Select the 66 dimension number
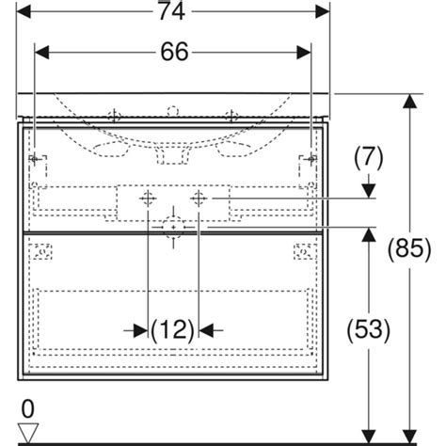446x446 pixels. (x=173, y=53)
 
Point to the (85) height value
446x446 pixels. (x=410, y=249)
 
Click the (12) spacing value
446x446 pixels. (x=173, y=329)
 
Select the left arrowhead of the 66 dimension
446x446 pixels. (x=40, y=53)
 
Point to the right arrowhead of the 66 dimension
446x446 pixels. (x=306, y=53)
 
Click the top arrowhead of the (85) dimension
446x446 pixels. (x=410, y=100)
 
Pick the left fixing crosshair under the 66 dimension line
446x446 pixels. (x=35, y=158)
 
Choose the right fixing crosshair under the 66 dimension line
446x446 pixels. (x=311, y=158)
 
